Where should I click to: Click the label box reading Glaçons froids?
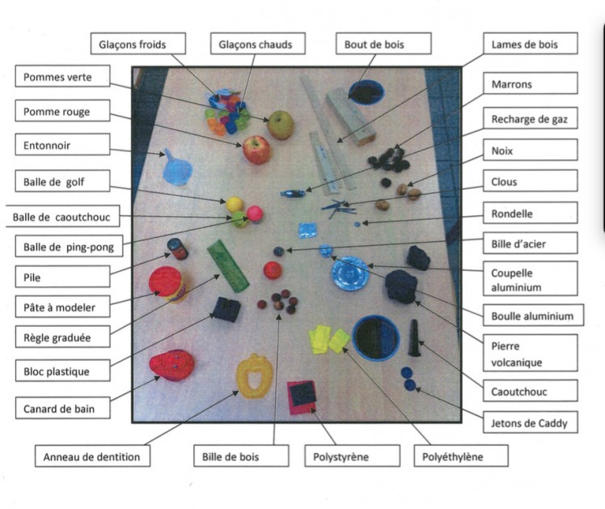point(138,44)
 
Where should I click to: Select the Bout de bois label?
point(383,44)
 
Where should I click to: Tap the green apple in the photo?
point(281,125)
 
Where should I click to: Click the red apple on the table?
point(257,150)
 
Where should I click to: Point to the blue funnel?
point(176,168)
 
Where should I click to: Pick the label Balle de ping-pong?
point(69,246)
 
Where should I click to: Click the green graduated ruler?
point(227,265)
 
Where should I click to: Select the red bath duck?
point(171,365)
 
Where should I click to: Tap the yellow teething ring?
point(254,375)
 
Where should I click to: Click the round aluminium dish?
point(350,274)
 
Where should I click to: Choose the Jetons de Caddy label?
point(530,422)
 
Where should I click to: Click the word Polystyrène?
point(341,457)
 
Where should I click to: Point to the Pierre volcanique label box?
point(530,353)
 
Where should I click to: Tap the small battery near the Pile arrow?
point(177,249)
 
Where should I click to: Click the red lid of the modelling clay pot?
point(165,282)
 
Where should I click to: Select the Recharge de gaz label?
point(530,118)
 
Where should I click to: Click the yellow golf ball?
point(235,205)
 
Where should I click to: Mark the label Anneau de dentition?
point(92,456)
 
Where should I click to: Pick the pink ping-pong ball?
point(255,214)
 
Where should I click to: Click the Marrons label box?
point(530,83)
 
